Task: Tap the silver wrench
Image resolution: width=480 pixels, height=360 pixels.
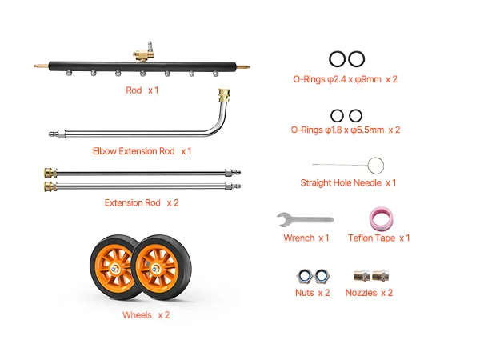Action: pos(305,219)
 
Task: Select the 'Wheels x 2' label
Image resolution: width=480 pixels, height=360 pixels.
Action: pos(146,315)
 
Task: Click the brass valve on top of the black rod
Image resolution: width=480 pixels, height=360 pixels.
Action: pos(143,54)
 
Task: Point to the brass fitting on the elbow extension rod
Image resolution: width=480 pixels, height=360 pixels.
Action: pos(224,95)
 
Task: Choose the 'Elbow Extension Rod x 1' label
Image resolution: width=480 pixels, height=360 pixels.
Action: pos(142,151)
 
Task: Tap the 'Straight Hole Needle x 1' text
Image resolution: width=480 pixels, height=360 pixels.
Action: pos(348,182)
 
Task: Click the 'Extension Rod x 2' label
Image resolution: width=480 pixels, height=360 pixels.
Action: pos(142,202)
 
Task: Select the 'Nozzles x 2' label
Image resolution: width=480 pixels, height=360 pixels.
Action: pos(369,293)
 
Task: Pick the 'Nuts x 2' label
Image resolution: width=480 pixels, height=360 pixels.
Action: pos(312,293)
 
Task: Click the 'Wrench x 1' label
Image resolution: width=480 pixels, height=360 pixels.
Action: pos(306,238)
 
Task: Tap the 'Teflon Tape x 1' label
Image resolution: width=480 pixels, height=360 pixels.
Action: pos(378,238)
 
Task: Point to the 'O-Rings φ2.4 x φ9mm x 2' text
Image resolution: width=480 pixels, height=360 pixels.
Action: pos(345,79)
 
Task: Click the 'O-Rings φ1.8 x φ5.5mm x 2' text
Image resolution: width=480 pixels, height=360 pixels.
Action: pos(346,130)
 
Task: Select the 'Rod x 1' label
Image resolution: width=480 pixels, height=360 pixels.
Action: pos(142,90)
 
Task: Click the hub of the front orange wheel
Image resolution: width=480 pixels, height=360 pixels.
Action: pos(155,269)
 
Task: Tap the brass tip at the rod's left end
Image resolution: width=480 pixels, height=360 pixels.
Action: pos(41,66)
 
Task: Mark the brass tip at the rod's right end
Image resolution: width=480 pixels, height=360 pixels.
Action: pos(243,66)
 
